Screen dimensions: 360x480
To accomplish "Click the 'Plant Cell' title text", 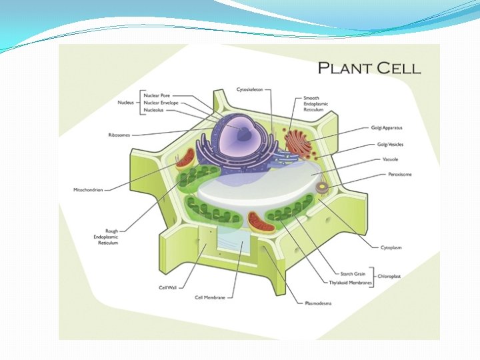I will click(x=369, y=67).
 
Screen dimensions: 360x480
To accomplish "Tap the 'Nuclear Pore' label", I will click(x=157, y=95).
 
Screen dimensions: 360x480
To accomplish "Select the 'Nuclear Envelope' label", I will click(x=161, y=103).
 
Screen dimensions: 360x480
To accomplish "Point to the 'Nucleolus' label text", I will click(x=155, y=111).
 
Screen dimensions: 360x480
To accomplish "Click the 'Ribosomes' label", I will click(x=119, y=135).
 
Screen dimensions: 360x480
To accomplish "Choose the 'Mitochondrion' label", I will click(x=88, y=189).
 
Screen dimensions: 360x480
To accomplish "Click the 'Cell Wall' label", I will click(x=167, y=287).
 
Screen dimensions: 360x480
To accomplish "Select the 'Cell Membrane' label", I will click(x=209, y=297).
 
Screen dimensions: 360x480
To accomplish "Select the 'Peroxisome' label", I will click(x=401, y=174).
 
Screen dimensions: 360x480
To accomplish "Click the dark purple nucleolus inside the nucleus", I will click(x=246, y=132).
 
